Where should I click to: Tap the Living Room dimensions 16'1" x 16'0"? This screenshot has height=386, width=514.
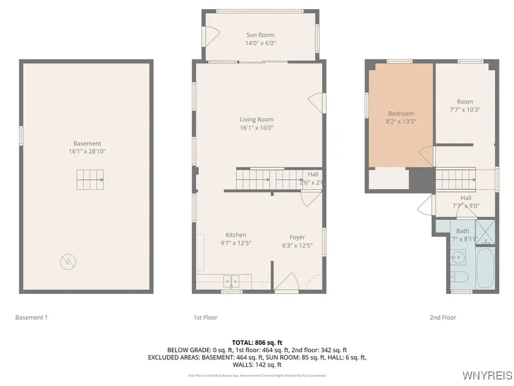click(x=257, y=128)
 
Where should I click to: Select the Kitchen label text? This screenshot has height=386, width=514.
click(x=236, y=235)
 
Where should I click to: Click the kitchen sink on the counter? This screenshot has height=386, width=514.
click(x=231, y=280)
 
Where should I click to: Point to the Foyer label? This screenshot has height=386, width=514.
click(x=297, y=237)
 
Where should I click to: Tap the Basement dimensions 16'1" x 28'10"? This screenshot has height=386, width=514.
click(x=87, y=152)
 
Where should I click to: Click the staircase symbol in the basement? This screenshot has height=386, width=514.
click(x=90, y=180)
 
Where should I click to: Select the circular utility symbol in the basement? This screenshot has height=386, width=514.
click(x=67, y=262)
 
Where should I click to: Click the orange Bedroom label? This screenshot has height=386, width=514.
click(x=400, y=113)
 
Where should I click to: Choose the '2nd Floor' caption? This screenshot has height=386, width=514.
click(x=443, y=317)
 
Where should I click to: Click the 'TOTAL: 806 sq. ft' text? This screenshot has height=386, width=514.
click(x=257, y=342)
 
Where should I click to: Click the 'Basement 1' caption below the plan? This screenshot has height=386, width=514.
click(x=31, y=317)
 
